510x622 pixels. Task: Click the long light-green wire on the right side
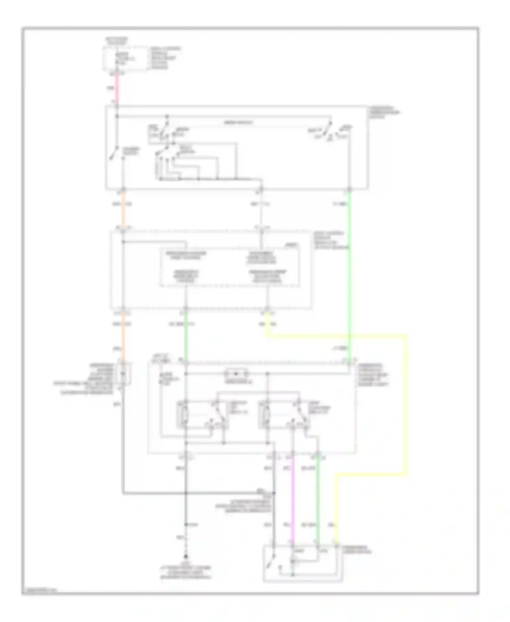(349, 272)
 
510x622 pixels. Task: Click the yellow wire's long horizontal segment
(337, 337)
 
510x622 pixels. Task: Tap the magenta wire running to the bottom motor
(293, 500)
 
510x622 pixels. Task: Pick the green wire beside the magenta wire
(318, 500)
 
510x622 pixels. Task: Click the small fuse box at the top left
(126, 59)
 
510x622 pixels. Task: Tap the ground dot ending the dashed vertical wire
(186, 557)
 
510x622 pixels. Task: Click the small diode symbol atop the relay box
(236, 374)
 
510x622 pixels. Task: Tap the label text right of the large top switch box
(384, 112)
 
